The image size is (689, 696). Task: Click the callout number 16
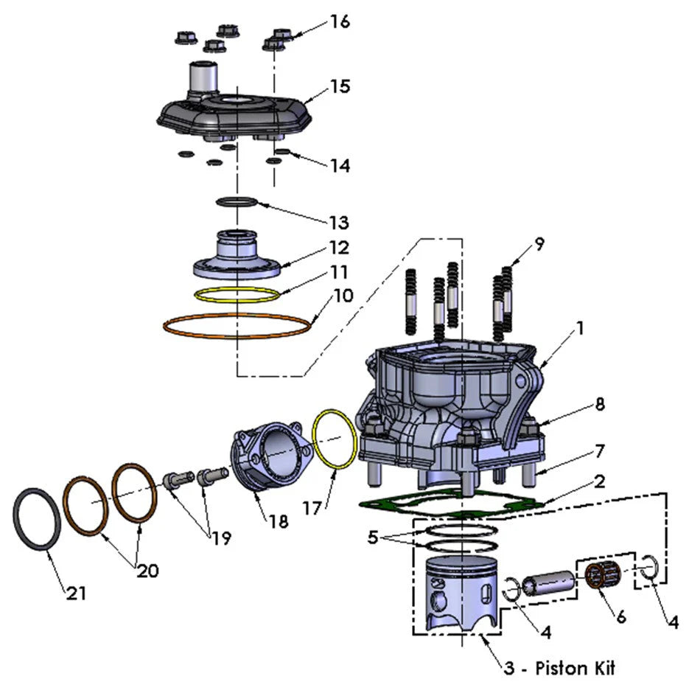(339, 21)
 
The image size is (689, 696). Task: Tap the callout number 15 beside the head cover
(338, 86)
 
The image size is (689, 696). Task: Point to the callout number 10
(343, 296)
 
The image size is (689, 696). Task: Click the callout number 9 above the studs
(540, 245)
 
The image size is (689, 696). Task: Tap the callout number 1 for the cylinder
(580, 329)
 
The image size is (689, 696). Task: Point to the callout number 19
(220, 538)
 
